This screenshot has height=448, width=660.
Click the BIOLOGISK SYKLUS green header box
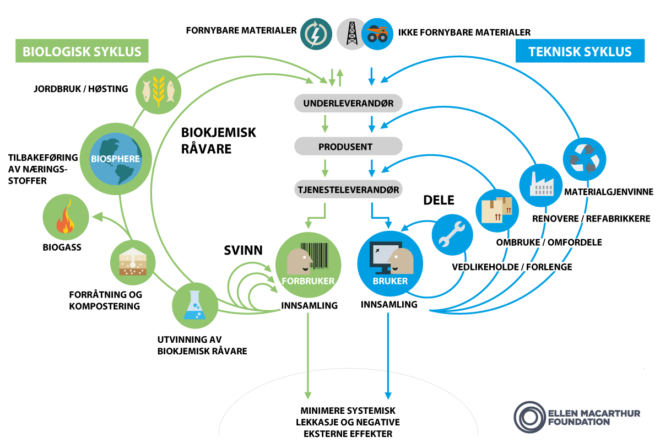[x=82, y=52]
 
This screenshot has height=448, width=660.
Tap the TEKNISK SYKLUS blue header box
[x=580, y=52]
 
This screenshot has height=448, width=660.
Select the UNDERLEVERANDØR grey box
[x=348, y=103]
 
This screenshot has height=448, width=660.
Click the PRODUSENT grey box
[x=348, y=147]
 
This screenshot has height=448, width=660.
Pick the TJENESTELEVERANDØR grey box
[x=348, y=190]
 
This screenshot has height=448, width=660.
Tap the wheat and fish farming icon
[x=158, y=90]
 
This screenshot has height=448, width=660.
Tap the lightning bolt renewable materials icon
[x=316, y=34]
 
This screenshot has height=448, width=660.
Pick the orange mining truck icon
[x=377, y=34]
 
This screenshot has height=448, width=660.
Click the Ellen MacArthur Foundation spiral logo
[x=529, y=417]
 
